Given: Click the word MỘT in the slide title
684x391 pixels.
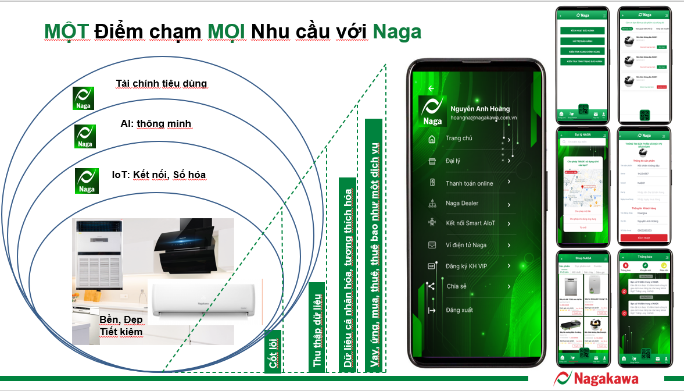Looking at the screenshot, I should [x=67, y=31].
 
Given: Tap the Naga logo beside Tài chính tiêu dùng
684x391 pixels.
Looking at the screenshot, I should [x=83, y=98].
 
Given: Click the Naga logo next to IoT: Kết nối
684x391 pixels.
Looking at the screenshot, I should [x=87, y=180].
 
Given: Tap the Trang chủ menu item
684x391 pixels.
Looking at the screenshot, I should [x=459, y=138].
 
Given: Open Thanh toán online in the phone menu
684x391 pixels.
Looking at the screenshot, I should [x=469, y=183].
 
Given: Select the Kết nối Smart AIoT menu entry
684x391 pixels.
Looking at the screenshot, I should [x=470, y=223].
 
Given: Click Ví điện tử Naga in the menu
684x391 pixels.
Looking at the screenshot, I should [x=466, y=245].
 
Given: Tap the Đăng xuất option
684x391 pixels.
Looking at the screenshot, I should [x=459, y=310].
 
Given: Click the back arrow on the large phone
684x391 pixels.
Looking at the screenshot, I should [x=431, y=88].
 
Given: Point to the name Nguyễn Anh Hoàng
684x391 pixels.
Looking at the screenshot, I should [x=480, y=109].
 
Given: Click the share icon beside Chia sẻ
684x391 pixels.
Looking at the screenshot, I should [x=431, y=286].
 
